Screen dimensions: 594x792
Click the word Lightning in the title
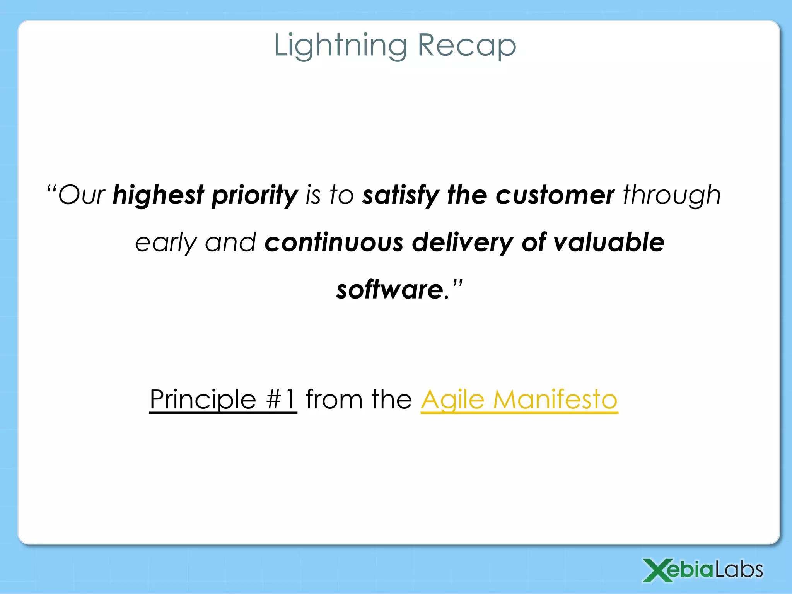340,46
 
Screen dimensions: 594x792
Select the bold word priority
254,195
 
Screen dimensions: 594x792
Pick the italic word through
672,195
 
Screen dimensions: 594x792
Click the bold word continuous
334,242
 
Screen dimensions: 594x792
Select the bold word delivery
462,242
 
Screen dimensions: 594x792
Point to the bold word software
389,290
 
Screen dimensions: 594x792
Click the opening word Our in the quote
82,195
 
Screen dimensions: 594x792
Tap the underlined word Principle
203,399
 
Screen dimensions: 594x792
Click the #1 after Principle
281,399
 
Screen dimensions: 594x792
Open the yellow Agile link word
452,399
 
